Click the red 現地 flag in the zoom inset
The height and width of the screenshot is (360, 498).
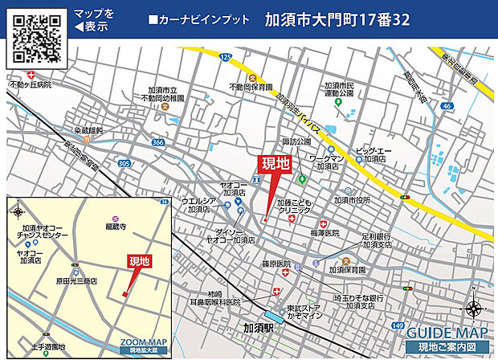(x=140, y=262)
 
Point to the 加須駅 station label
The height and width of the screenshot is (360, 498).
(x=261, y=327)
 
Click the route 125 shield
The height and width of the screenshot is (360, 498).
(x=226, y=57)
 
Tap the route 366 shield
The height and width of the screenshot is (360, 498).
(x=158, y=142)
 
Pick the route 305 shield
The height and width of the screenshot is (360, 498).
(x=124, y=162)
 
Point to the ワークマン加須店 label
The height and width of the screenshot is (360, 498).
(x=327, y=162)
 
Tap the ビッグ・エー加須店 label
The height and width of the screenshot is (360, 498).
(x=375, y=154)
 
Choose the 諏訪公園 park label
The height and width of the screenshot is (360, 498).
(x=296, y=141)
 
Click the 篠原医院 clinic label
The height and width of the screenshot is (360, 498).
(x=275, y=263)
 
